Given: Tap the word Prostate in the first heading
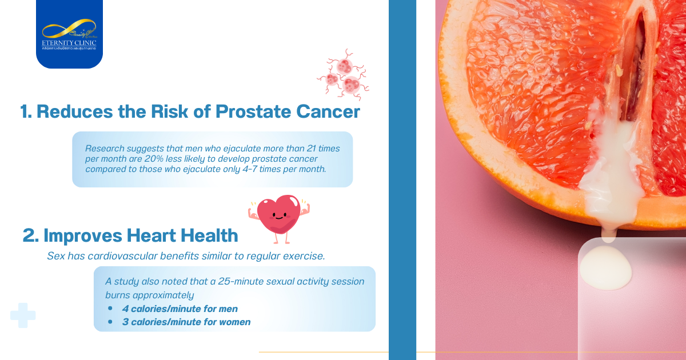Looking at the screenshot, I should [250, 111].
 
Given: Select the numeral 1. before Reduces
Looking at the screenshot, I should [26, 111].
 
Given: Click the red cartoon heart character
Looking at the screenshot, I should [278, 217].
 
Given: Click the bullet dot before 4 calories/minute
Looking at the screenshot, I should [110, 309].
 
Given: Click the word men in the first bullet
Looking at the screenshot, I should [229, 309].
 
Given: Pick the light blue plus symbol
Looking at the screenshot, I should [23, 315].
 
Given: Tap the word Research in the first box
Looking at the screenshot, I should [104, 149].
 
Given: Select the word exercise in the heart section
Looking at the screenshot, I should [304, 256].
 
